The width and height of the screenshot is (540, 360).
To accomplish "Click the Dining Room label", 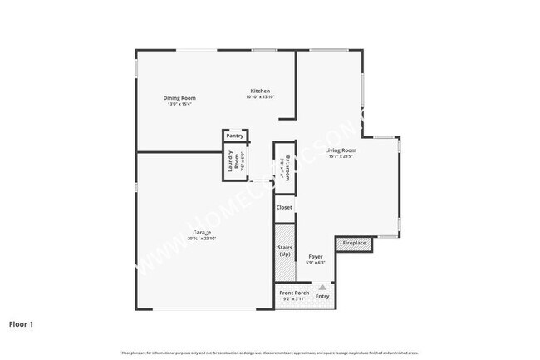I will click(x=179, y=98).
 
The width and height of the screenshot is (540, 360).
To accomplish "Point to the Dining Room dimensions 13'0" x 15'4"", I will click(x=179, y=105).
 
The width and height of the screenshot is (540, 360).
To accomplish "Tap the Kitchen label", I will click(x=260, y=91).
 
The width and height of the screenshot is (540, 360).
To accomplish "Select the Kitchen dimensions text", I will click(x=260, y=97).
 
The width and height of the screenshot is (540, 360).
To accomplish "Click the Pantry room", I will click(x=234, y=136).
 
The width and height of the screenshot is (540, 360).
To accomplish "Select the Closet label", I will click(x=284, y=207).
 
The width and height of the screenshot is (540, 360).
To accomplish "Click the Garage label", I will click(x=202, y=232).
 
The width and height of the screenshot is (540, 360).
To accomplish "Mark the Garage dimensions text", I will click(x=202, y=239).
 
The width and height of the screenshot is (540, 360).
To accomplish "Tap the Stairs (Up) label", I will click(x=284, y=250).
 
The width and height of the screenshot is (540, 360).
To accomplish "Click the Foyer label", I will click(x=316, y=257).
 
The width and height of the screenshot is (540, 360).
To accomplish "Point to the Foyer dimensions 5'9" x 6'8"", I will click(x=316, y=264).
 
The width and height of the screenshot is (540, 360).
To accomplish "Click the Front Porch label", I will click(x=294, y=293).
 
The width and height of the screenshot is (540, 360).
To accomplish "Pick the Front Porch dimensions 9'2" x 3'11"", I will click(x=294, y=299).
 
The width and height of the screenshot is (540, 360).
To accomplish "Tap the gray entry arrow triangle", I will click(x=322, y=287).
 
